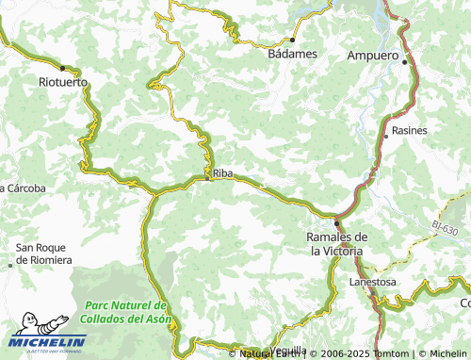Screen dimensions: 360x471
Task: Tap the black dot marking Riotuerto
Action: click(62, 68)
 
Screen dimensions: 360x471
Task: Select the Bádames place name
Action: click(292, 54)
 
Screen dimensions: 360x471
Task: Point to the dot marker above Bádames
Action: click(293, 40)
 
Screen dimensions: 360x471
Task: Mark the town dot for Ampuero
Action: click(405, 62)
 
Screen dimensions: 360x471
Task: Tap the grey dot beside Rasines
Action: click(386, 136)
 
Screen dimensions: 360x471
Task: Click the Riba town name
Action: click(223, 173)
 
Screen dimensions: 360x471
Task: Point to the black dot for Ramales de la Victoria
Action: click(337, 223)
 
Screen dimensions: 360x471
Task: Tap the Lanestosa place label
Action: click(374, 281)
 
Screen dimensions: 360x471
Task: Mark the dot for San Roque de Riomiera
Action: click(10, 266)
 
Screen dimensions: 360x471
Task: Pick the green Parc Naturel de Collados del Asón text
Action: click(126, 312)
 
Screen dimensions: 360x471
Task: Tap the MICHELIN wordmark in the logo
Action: click(49, 342)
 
